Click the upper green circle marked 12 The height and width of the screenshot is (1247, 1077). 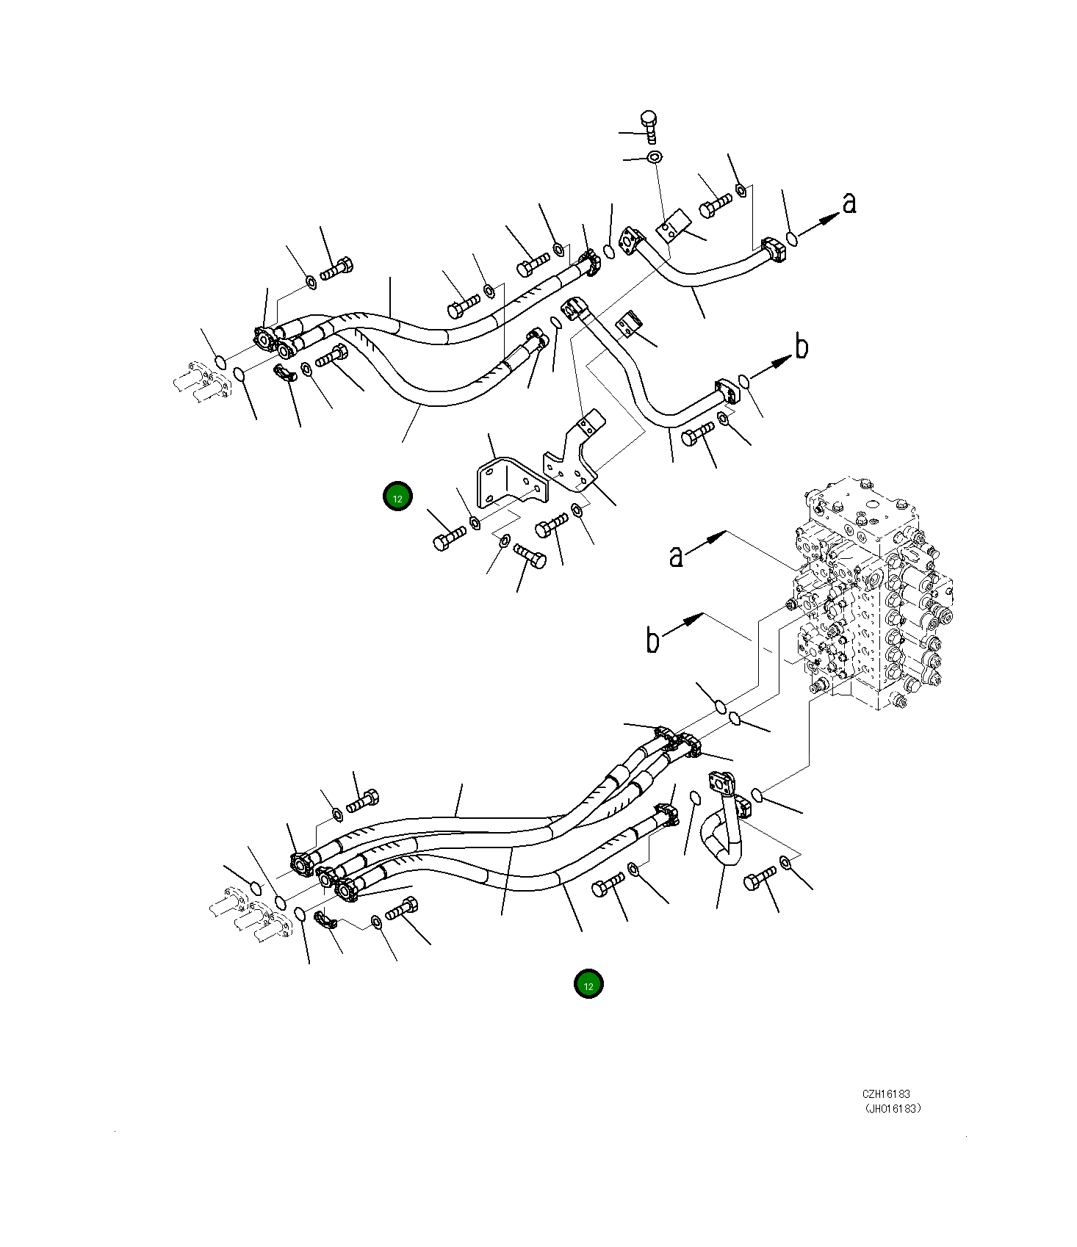(x=397, y=497)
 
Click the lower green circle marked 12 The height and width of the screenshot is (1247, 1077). (x=588, y=985)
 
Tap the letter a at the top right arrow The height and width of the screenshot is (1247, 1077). (x=849, y=203)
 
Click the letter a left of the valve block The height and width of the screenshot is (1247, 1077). (x=676, y=556)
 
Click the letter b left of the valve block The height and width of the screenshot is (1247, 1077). (x=652, y=640)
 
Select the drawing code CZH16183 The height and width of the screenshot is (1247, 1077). (x=886, y=1094)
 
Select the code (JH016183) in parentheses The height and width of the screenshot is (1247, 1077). (x=892, y=1109)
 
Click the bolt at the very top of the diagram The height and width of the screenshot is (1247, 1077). (x=649, y=126)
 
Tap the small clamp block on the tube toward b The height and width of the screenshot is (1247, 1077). (x=630, y=323)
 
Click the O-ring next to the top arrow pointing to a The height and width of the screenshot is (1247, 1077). (x=791, y=239)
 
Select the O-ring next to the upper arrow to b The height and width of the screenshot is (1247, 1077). (x=744, y=381)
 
